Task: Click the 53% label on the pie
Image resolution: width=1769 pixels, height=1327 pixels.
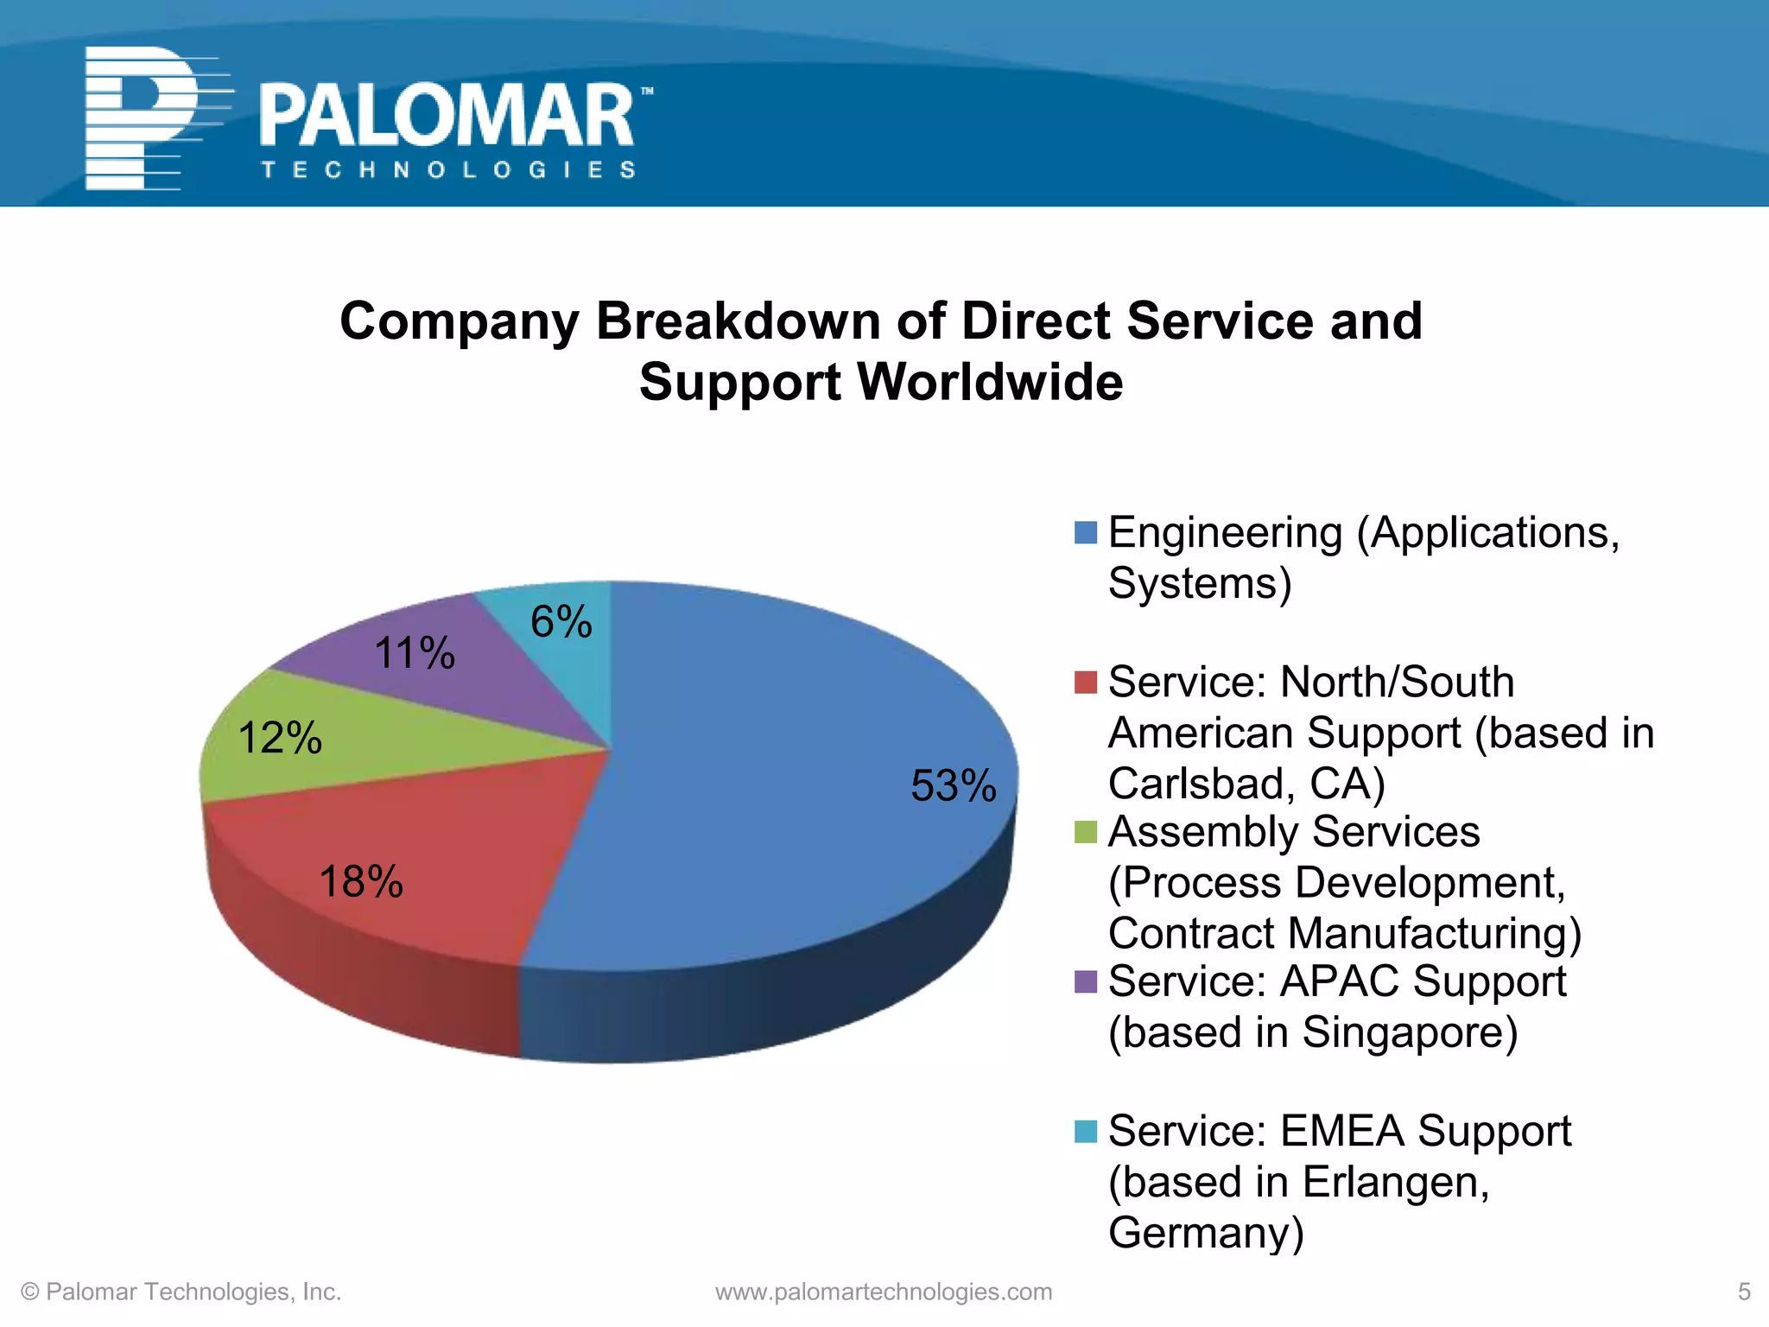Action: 953,785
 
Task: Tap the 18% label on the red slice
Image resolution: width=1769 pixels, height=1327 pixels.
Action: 361,881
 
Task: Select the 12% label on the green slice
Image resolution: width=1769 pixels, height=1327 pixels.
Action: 279,738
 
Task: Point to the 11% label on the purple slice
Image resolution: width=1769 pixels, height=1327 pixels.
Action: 414,652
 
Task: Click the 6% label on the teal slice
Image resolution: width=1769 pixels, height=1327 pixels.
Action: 561,621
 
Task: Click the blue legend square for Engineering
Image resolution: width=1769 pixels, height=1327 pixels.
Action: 1085,532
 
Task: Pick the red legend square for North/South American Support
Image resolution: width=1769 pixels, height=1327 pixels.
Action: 1085,682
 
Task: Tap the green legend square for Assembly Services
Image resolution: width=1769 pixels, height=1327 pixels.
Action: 1085,832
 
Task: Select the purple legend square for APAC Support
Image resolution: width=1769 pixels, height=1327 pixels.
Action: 1085,981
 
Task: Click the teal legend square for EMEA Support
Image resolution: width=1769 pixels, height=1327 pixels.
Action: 1085,1131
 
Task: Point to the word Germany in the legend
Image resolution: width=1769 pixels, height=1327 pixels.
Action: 1204,1232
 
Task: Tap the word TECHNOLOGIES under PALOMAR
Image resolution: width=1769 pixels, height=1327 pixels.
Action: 448,169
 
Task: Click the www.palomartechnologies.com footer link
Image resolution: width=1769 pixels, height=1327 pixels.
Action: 884,1292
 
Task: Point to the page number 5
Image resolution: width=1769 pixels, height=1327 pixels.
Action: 1743,1292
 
